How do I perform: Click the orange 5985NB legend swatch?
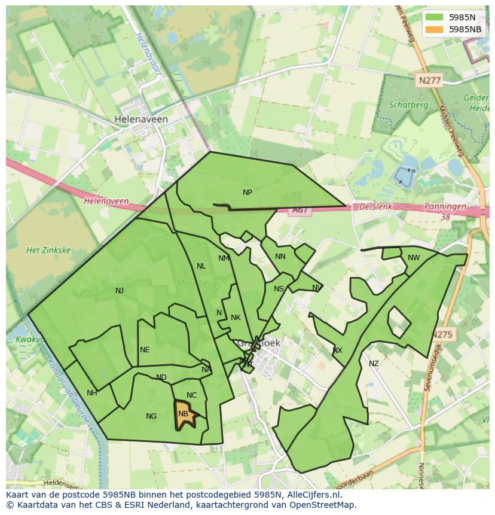pyautogui.click(x=435, y=29)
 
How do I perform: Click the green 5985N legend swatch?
pyautogui.click(x=435, y=17)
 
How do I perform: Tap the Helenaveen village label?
pyautogui.click(x=141, y=119)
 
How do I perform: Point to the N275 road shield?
pyautogui.click(x=443, y=334)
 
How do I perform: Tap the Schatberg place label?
pyautogui.click(x=408, y=105)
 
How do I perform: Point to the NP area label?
pyautogui.click(x=247, y=193)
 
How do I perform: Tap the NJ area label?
pyautogui.click(x=120, y=291)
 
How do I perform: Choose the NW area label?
pyautogui.click(x=414, y=258)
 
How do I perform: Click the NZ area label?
pyautogui.click(x=374, y=364)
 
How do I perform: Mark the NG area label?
pyautogui.click(x=151, y=416)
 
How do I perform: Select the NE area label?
pyautogui.click(x=145, y=350)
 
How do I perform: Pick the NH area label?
pyautogui.click(x=91, y=393)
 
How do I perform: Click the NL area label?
pyautogui.click(x=201, y=266)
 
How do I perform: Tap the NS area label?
pyautogui.click(x=279, y=289)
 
